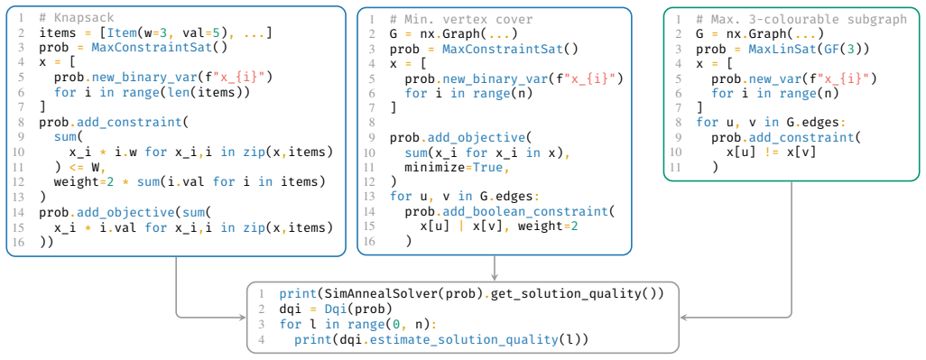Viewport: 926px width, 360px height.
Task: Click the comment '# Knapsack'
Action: pyautogui.click(x=75, y=18)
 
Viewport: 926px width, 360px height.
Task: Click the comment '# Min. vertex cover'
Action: pyautogui.click(x=461, y=19)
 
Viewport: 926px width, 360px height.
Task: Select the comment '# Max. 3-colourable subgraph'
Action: pyautogui.click(x=801, y=19)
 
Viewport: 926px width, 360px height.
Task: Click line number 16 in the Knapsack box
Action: pyautogui.click(x=21, y=243)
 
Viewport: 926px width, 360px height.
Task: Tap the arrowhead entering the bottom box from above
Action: pyautogui.click(x=495, y=277)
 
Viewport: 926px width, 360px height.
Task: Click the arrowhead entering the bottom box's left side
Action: pyautogui.click(x=242, y=318)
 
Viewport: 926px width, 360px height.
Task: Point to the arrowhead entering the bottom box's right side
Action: pyautogui.click(x=684, y=318)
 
